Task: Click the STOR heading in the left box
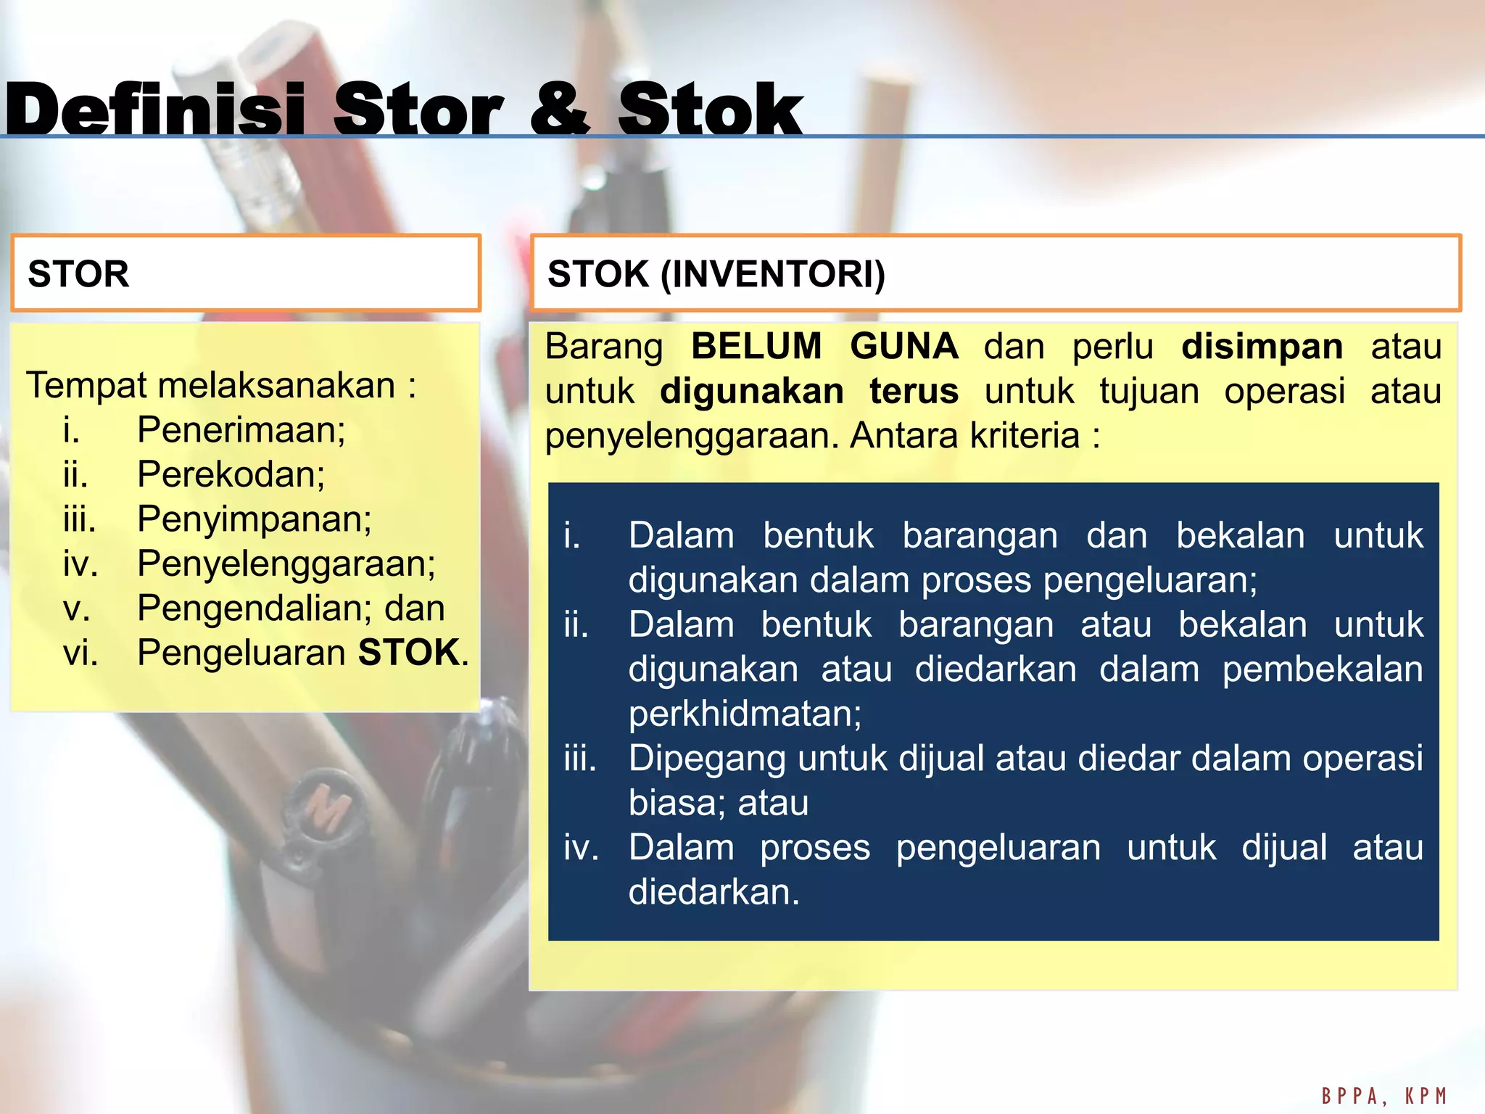click(78, 274)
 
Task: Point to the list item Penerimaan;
click(241, 429)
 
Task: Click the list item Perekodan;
click(231, 474)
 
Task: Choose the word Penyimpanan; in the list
click(254, 519)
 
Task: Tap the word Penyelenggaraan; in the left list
click(286, 564)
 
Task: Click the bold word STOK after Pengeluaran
click(409, 653)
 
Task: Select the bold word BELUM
click(756, 346)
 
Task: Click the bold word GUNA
click(903, 346)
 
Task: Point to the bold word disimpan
click(1262, 346)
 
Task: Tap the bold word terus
click(914, 391)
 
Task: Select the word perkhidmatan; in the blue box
click(745, 714)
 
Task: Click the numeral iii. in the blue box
click(579, 759)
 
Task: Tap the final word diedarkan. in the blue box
click(713, 892)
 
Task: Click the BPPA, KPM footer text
click(1383, 1095)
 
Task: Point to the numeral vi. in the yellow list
click(80, 653)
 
